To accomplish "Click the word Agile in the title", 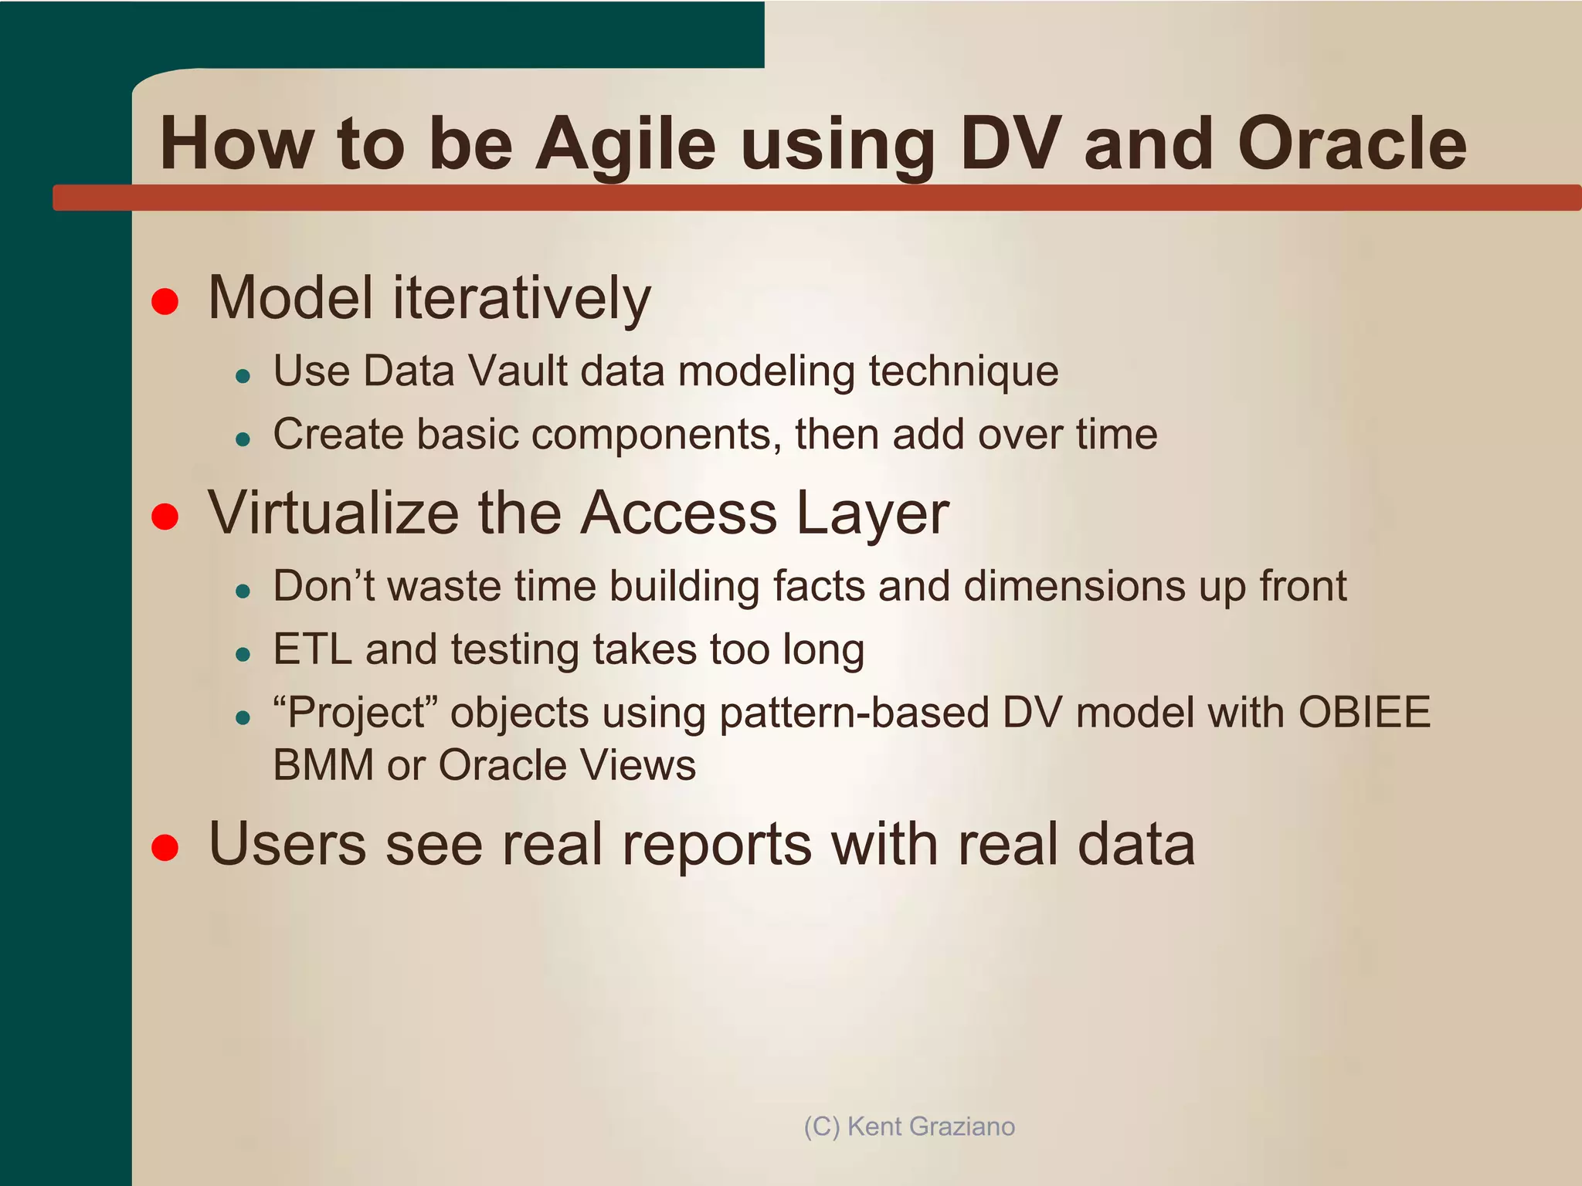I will pos(626,144).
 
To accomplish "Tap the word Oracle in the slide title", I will pos(1351,144).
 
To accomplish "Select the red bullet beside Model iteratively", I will pos(165,301).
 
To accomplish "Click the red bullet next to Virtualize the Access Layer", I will pos(165,516).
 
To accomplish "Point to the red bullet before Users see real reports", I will pos(165,847).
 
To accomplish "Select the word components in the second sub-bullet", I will pos(652,435).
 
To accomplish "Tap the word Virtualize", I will pos(333,513).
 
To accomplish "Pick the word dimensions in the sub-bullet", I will pos(1074,586).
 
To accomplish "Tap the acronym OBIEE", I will pos(1364,713).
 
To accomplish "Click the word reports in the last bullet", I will pos(716,844).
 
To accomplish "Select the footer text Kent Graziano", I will pos(931,1127).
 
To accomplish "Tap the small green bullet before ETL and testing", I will pos(243,656).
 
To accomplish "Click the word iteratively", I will pos(521,299).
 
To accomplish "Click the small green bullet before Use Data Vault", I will pos(243,377).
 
